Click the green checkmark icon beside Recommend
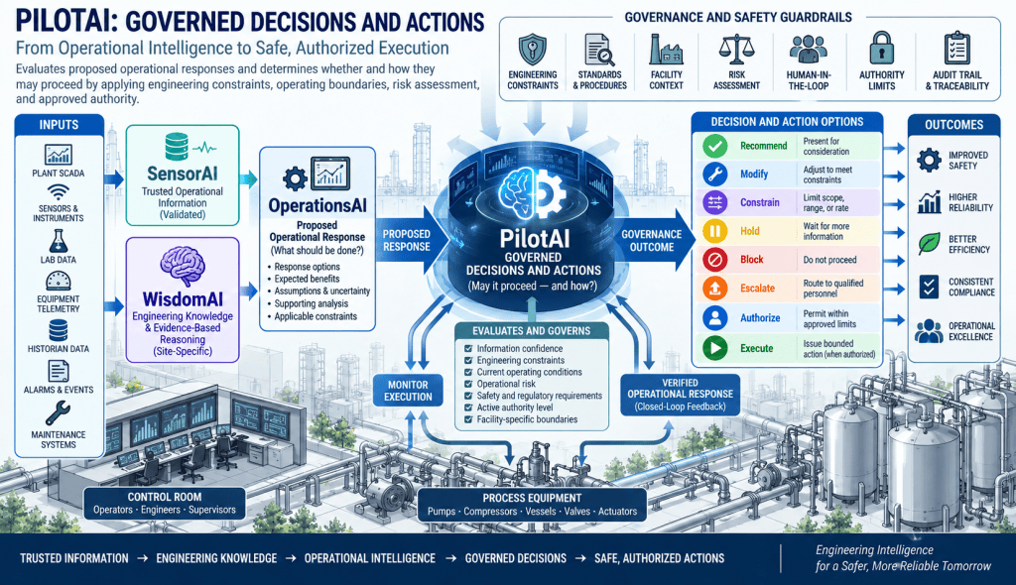(714, 146)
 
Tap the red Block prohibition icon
(714, 260)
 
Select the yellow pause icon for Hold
(714, 231)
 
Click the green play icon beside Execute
(714, 348)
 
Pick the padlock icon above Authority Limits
(881, 48)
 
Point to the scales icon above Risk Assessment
(737, 50)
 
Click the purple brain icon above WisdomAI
(183, 266)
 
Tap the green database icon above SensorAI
(177, 147)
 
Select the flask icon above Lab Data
(58, 241)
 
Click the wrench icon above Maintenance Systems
(58, 412)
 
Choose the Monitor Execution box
(408, 391)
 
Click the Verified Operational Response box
(680, 394)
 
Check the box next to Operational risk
(468, 384)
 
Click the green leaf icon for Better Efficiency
(929, 244)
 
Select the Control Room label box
(165, 504)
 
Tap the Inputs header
(59, 125)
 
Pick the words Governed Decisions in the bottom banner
(516, 558)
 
